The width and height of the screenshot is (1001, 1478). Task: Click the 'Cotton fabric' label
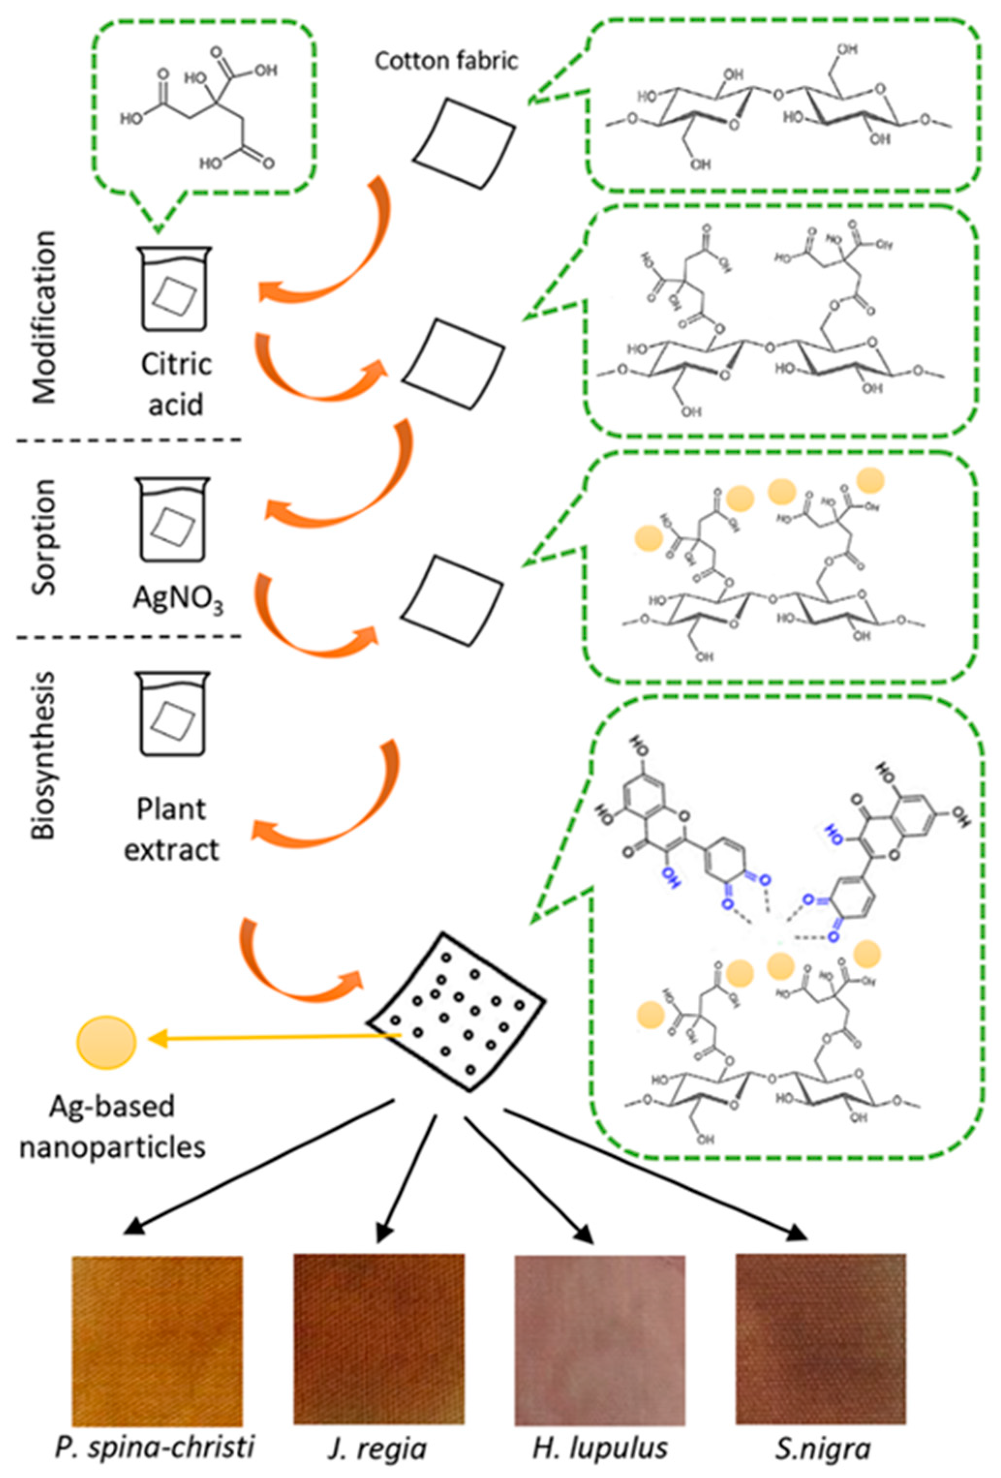pos(446,61)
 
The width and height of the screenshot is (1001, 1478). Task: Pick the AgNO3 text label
pos(178,598)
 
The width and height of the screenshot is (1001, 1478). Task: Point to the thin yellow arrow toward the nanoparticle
pos(273,1038)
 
